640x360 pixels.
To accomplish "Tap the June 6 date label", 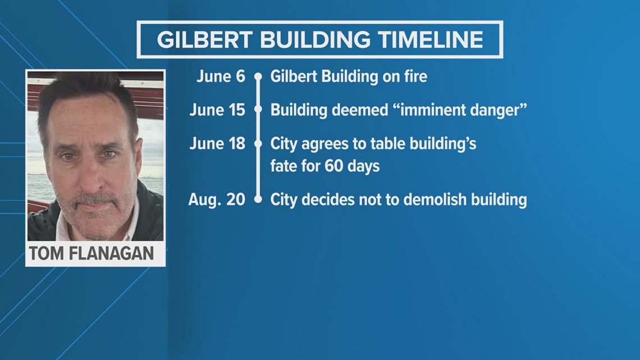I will (x=221, y=76).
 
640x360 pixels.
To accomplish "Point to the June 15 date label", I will (x=217, y=110).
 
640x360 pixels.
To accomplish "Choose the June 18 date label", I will (x=217, y=143).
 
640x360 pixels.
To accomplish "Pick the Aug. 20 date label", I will (x=217, y=199).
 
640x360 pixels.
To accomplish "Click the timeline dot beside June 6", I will (x=258, y=76).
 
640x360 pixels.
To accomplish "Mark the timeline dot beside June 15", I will (x=258, y=110).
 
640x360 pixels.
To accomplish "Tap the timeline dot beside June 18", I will (x=258, y=144).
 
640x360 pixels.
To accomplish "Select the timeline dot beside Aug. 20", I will (x=258, y=199).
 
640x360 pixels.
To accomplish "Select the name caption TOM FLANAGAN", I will (x=91, y=253).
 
